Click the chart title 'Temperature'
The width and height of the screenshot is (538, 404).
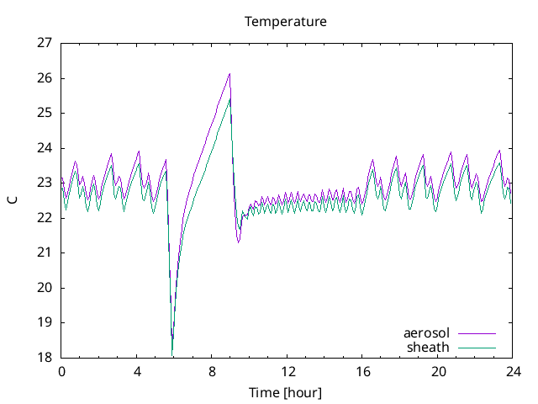[285, 21]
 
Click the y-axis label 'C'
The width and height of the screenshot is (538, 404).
[13, 200]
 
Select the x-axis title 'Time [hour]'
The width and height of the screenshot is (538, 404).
[285, 393]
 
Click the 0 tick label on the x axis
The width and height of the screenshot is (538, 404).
[61, 371]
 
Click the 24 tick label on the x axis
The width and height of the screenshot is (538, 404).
[514, 371]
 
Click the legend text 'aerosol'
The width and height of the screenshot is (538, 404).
[426, 334]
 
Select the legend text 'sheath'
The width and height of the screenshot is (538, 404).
[428, 347]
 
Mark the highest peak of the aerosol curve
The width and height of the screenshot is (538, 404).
[229, 74]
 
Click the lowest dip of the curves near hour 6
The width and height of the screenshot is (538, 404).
[172, 354]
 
